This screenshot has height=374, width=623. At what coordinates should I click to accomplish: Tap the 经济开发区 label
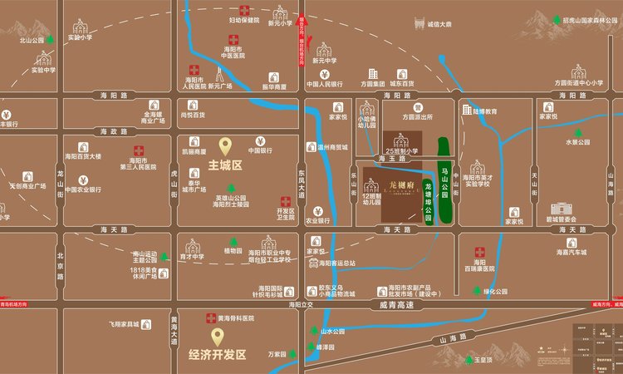[x=218, y=354]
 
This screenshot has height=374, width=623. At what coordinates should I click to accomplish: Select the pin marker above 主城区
[x=224, y=147]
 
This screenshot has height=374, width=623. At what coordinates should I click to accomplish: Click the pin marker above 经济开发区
[x=218, y=336]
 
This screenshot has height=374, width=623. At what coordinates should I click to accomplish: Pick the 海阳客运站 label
[x=337, y=263]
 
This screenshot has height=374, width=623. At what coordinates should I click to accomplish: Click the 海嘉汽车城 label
[x=571, y=253]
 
